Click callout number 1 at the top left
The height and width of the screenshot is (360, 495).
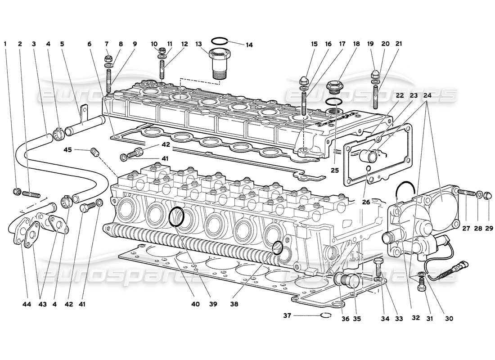(x=5, y=44)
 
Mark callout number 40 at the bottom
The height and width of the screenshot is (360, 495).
(x=194, y=304)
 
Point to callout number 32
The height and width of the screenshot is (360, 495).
(x=416, y=318)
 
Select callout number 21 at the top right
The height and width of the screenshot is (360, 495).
(x=398, y=44)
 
